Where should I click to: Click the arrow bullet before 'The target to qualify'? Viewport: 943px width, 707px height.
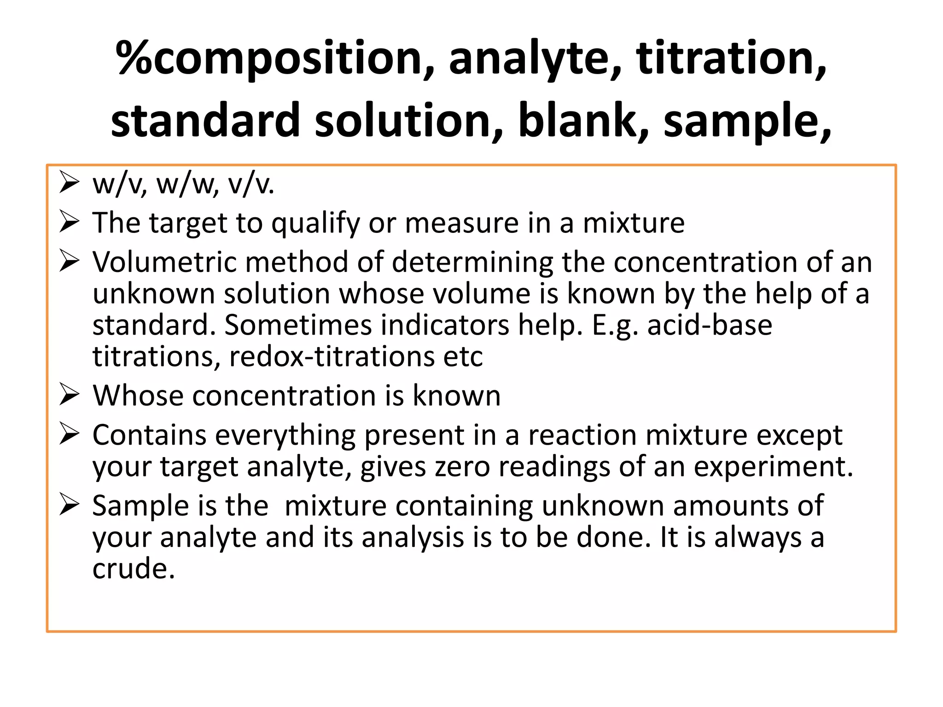(x=70, y=223)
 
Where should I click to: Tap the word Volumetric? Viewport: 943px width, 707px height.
(x=164, y=262)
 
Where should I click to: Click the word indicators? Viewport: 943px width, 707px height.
(x=445, y=325)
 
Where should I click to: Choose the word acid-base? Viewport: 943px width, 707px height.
(x=710, y=325)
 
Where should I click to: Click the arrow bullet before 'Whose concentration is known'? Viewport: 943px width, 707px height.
(x=70, y=395)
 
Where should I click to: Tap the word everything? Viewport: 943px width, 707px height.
(x=285, y=436)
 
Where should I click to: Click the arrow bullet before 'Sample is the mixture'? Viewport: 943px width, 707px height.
(x=70, y=505)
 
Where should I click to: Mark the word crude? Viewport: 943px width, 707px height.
(x=134, y=569)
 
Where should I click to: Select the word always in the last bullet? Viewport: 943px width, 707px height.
(x=757, y=538)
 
